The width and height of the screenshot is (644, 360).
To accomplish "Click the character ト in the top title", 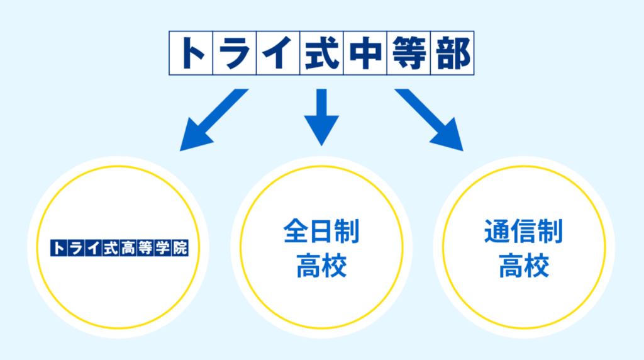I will point(191,53).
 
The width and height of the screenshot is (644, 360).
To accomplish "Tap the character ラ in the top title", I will point(235,53).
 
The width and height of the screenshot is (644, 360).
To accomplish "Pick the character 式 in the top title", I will point(321,53).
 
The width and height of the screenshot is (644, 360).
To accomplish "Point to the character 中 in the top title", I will point(365,53).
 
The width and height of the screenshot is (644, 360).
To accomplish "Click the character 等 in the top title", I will point(408,53).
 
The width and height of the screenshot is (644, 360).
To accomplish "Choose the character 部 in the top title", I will point(452,53).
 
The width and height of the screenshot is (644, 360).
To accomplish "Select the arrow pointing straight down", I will point(321,116).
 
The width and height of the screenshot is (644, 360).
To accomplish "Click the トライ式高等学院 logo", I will point(119,247).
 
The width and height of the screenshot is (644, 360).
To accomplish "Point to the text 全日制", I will point(321,232).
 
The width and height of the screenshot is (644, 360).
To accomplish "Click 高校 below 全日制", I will point(321,266).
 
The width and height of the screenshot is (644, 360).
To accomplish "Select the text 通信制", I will point(523,232).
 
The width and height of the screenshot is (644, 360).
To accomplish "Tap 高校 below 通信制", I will point(523,266).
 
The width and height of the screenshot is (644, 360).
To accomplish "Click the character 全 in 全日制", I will point(296,232).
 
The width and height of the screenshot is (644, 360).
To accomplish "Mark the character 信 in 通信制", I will point(523,232).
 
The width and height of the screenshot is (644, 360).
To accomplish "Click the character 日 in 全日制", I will point(321,232).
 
